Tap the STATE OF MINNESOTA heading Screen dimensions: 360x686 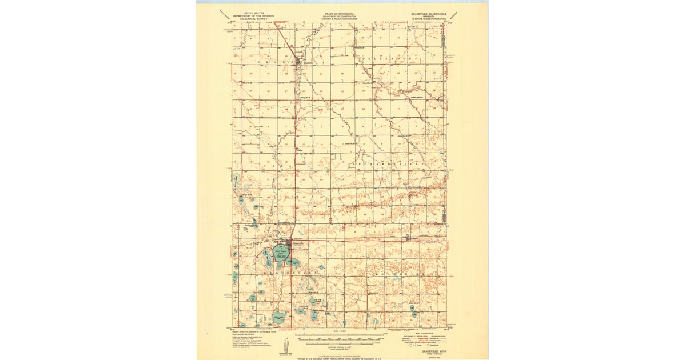click(340, 12)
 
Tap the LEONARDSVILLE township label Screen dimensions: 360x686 click(389, 164)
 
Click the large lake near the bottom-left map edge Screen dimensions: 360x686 click(278, 316)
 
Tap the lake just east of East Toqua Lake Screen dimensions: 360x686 click(294, 262)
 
